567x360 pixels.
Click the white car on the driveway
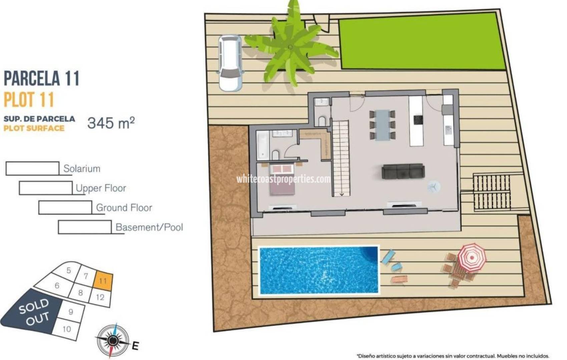(x=230, y=63)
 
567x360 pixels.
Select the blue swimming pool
(x=319, y=270)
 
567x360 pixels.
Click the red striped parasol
(x=471, y=258)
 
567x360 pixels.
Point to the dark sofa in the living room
(x=403, y=171)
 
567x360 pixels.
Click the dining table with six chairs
(x=382, y=125)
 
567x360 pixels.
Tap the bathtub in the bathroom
(x=262, y=145)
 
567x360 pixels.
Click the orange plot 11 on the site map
(x=103, y=280)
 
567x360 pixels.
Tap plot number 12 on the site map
(x=100, y=297)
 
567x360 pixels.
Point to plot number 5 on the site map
(x=68, y=270)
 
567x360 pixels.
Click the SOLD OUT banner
(x=33, y=312)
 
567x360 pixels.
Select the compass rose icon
(x=113, y=340)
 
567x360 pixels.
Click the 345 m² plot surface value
(x=111, y=123)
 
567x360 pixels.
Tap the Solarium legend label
(x=82, y=169)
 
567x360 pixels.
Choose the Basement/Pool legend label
(x=149, y=227)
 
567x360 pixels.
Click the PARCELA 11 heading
(x=42, y=78)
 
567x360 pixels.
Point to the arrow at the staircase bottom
(x=342, y=194)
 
